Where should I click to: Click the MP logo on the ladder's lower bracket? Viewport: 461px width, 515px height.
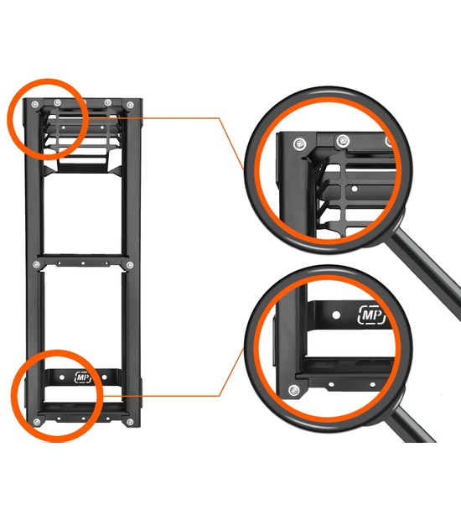(x=83, y=377)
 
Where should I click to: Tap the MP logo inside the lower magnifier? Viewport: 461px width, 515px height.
(x=371, y=315)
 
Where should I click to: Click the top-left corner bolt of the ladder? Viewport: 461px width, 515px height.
(x=35, y=105)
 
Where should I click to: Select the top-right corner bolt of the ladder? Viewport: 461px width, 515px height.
(x=130, y=105)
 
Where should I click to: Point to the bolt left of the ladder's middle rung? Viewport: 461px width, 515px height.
(x=37, y=265)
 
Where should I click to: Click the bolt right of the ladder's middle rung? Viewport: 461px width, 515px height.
(x=130, y=265)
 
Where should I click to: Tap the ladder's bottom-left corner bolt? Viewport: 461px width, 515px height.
(x=37, y=422)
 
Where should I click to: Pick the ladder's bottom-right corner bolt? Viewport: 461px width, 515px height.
(x=130, y=422)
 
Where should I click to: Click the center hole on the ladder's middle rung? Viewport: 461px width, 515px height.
(x=83, y=263)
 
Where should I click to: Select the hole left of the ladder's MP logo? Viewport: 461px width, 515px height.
(x=62, y=377)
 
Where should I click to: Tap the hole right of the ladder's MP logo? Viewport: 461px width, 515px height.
(x=104, y=377)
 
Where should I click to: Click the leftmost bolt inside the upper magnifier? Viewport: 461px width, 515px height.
(x=299, y=143)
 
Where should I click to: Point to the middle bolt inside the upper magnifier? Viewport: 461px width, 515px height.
(x=343, y=141)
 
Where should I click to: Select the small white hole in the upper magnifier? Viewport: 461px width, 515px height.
(x=355, y=189)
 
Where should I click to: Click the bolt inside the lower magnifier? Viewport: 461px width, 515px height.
(x=294, y=391)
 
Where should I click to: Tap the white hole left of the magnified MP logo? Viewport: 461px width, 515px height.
(x=336, y=315)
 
